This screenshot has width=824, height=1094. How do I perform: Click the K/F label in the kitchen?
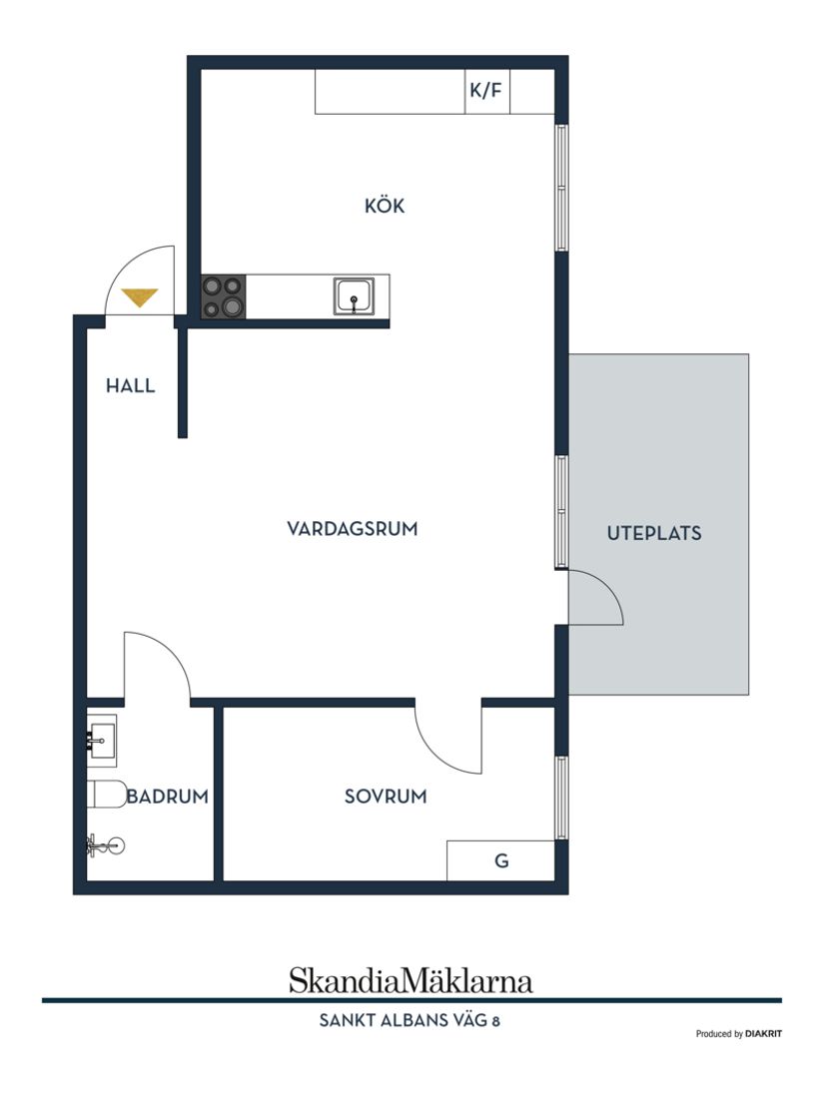tap(486, 92)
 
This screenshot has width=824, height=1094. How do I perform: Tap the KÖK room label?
tap(385, 207)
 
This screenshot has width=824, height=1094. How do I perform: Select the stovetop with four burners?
tap(224, 296)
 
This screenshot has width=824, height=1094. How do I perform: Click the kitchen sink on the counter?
tap(354, 296)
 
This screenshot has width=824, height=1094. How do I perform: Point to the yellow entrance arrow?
tap(139, 296)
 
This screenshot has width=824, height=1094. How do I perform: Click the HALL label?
tap(131, 385)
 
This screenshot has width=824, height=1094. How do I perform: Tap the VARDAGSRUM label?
tap(352, 529)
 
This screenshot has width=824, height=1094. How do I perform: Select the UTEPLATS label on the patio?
tap(654, 533)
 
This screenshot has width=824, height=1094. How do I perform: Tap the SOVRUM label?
tap(386, 797)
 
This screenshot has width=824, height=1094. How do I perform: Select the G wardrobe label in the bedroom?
tap(501, 860)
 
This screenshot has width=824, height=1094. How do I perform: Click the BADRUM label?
tap(167, 797)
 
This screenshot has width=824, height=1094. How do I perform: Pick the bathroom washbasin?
tap(102, 740)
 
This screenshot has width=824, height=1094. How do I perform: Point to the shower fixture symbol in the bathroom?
tap(105, 846)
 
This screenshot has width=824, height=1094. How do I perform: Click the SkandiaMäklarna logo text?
tap(411, 980)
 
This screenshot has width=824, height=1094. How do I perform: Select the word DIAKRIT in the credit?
tap(763, 1034)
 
